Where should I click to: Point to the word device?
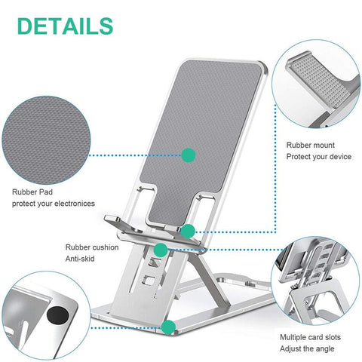(336, 156)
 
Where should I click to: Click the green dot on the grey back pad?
(189, 155)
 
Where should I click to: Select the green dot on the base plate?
(170, 327)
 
